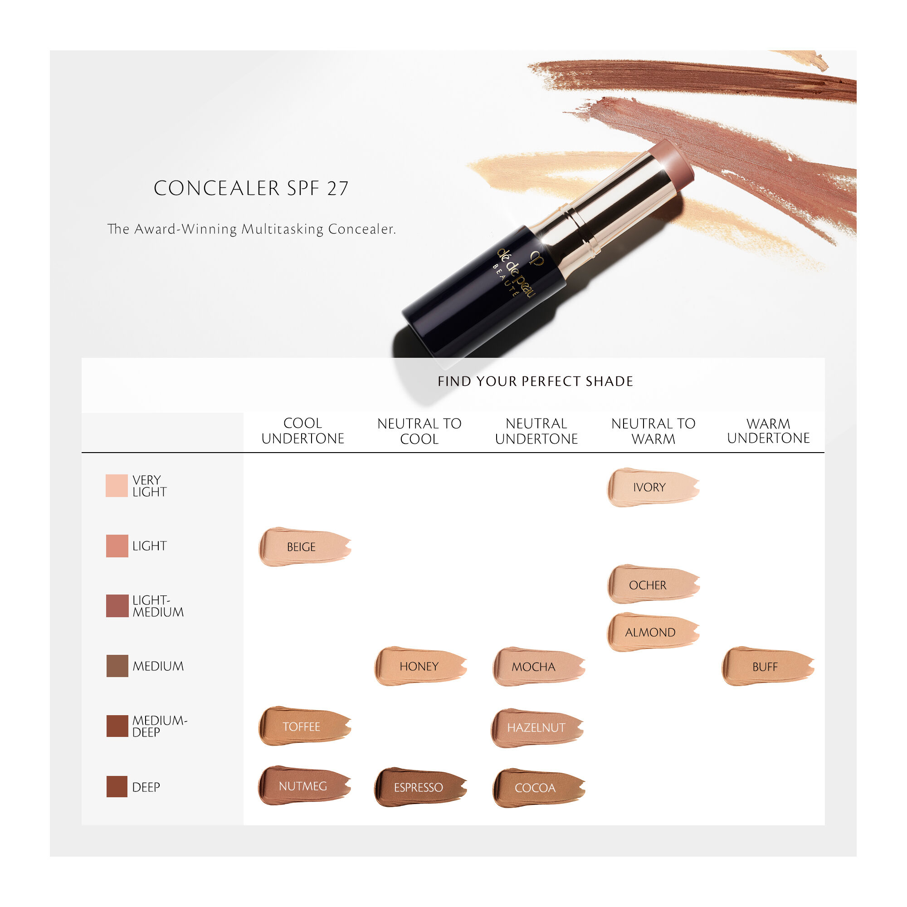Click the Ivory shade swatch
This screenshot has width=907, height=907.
coord(653,488)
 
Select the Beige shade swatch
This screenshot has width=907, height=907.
coord(305,547)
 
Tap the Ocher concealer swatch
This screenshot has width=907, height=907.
coord(653,585)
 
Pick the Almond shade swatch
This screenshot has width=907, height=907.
coord(653,632)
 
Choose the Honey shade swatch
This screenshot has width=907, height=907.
coord(419,666)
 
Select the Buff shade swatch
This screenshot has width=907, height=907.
coord(767,667)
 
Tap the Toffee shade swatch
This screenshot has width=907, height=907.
coord(305,726)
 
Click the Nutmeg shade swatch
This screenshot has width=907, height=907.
coord(304,786)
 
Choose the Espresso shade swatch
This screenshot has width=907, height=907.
coord(419,787)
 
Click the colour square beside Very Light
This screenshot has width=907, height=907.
coord(117,485)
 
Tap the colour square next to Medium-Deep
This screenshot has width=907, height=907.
coord(117,726)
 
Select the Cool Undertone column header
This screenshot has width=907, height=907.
coord(303,430)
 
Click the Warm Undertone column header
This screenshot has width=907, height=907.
coord(768,430)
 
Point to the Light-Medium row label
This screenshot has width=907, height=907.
coord(158,606)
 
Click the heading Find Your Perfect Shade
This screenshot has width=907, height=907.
coord(535,381)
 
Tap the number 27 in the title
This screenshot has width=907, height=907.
coord(337,189)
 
